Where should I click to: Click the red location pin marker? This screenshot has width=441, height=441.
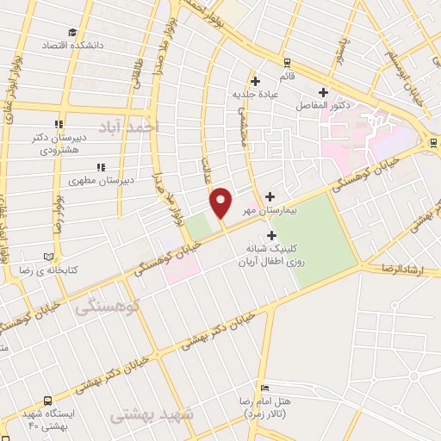tap(221, 202)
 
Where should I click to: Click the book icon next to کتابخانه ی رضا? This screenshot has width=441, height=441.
tap(59, 258)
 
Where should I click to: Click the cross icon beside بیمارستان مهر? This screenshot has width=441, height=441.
tap(272, 196)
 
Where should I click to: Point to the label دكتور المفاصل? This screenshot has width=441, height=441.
tap(324, 105)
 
